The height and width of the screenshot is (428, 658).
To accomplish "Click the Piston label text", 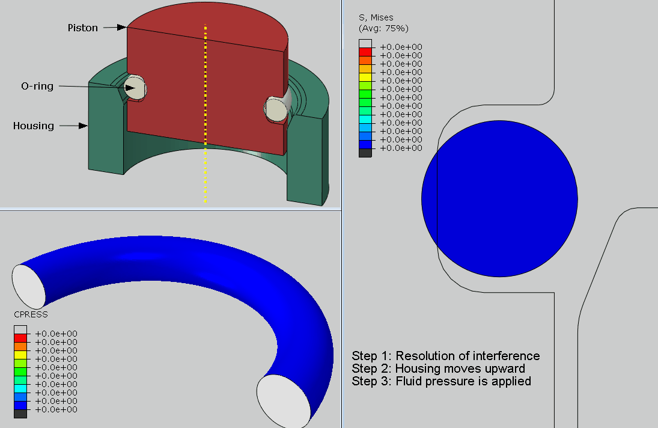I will click(82, 28).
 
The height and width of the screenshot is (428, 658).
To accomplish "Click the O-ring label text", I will click(37, 86).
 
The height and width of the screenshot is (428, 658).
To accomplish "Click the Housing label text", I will click(34, 126).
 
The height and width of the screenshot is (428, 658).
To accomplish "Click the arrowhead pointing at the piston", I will click(122, 27).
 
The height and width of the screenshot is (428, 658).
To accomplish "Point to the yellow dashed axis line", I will click(206, 114).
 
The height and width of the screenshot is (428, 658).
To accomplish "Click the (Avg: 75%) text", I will click(383, 28).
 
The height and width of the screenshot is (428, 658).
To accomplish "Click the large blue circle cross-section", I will click(499, 199).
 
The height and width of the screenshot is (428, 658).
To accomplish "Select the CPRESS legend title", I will click(31, 314).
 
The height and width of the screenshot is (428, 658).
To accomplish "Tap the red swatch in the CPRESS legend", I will click(20, 338).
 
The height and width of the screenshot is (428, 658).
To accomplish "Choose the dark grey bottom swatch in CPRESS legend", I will click(20, 414).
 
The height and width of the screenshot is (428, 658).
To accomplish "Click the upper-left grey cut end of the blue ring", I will click(28, 286).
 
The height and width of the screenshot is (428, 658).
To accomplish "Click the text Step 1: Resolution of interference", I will click(445, 356).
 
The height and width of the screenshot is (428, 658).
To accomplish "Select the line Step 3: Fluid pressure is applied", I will click(441, 381).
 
